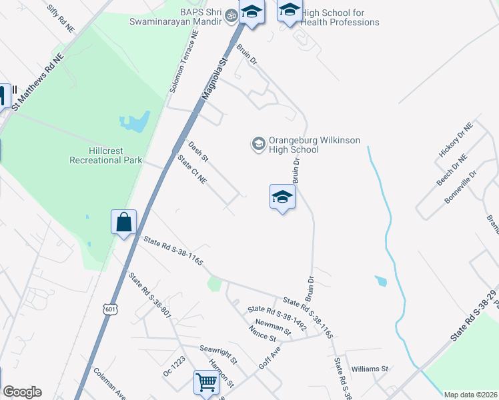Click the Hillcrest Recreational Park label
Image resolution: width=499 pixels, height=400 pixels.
click(x=106, y=155)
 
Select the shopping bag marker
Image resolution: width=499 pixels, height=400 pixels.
click(x=124, y=222)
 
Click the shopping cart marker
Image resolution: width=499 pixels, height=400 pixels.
click(x=206, y=383)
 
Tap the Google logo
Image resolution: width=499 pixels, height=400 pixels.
click(x=22, y=392)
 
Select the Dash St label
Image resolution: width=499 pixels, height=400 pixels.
click(x=198, y=151)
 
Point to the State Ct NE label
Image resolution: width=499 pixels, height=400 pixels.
click(x=193, y=169)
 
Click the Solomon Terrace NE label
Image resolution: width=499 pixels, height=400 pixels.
click(x=184, y=62)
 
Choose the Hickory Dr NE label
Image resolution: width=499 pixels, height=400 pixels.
click(x=455, y=140)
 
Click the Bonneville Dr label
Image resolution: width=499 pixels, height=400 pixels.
click(x=461, y=187)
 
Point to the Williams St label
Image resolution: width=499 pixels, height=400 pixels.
click(x=370, y=369)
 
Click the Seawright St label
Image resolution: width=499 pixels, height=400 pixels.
click(x=218, y=354)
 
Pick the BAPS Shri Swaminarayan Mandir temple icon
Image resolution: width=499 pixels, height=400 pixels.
click(x=231, y=15)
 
